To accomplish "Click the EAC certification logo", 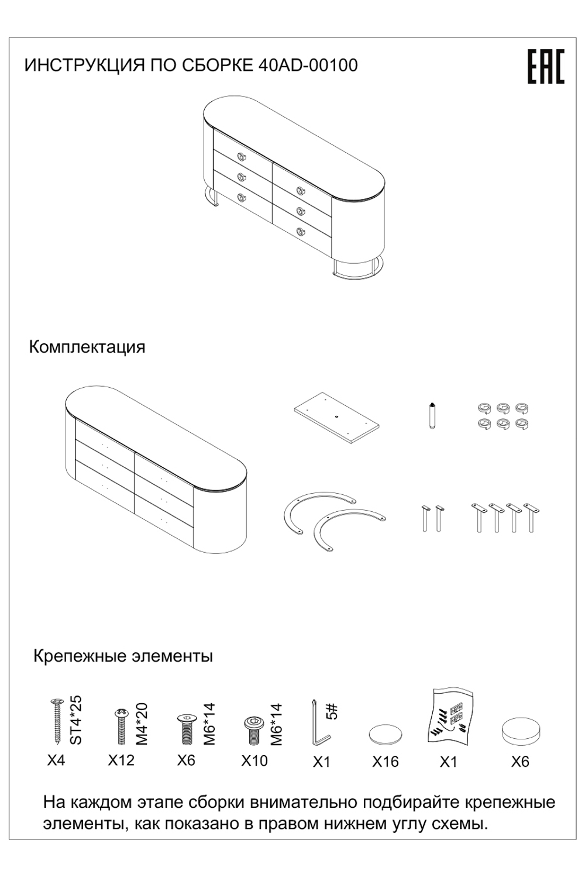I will point(545,67).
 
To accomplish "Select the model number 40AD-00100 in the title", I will point(308,65).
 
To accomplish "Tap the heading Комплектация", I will point(87,347).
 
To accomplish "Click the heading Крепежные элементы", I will point(123,656).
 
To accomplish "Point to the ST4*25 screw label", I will point(77,720).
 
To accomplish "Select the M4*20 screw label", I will point(142,724).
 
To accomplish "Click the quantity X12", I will point(121,760).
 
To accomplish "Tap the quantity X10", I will point(254,760).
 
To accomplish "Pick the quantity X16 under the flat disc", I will point(386,762).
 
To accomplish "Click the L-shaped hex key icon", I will point(318,723).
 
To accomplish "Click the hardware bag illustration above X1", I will point(449,719).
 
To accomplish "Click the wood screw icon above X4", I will point(57,721).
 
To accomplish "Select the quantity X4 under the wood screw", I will point(56,760).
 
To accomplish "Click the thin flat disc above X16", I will point(386,734).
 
